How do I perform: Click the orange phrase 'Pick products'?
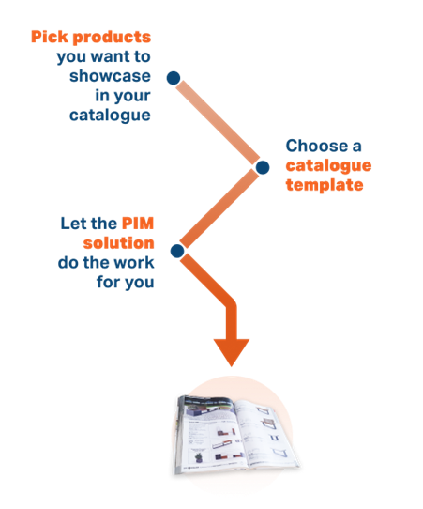pos(91,38)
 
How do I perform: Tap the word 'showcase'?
pos(110,76)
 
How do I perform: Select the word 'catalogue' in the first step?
pos(110,116)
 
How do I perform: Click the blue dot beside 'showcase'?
pos(174,78)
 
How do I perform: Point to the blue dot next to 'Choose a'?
pos(263,167)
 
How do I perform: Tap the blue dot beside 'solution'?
pos(177,251)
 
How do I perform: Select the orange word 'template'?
pos(325,185)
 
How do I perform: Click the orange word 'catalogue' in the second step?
pos(328,166)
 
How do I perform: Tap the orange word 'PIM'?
pos(138,224)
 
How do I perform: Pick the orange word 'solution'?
pos(118,243)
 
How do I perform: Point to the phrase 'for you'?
pos(126,283)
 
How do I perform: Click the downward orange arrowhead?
pos(232,350)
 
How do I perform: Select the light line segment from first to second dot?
pos(218,122)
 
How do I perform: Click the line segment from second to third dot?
pos(219,208)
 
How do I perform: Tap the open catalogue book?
pos(235,435)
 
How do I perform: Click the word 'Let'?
pos(70,224)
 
